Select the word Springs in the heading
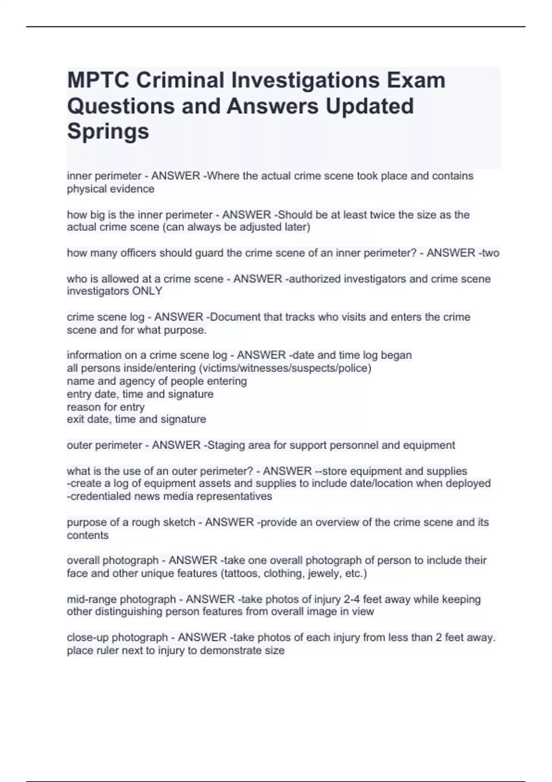108,131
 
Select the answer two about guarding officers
490,253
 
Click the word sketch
179,523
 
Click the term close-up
87,638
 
